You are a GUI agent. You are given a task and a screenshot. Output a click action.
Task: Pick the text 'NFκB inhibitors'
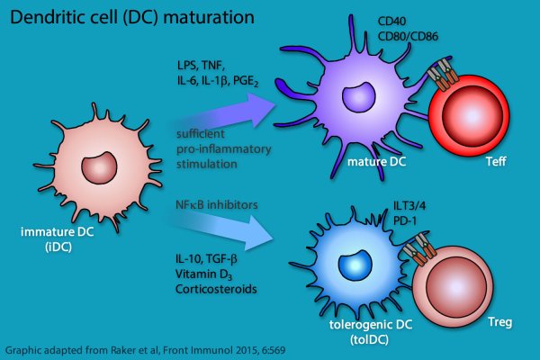[x=217, y=205]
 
